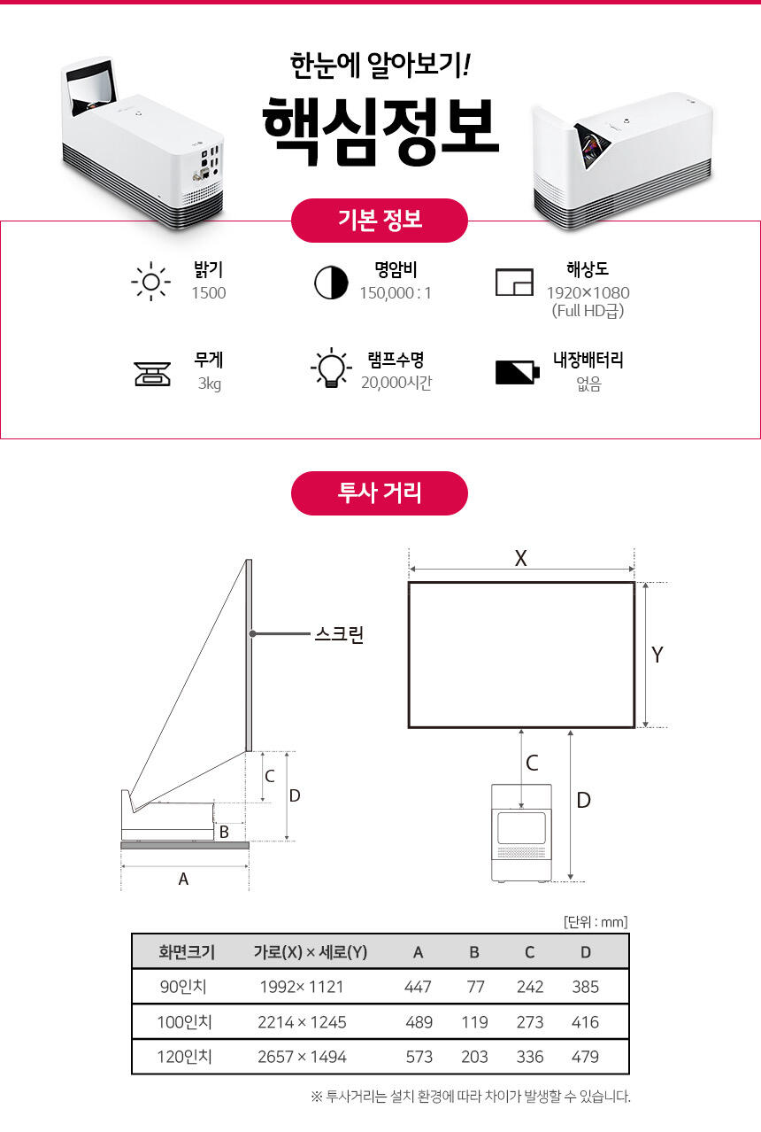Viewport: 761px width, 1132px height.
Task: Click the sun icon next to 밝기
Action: [151, 282]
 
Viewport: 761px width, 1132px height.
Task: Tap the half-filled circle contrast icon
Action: [331, 283]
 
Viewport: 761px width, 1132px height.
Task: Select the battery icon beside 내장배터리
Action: [518, 372]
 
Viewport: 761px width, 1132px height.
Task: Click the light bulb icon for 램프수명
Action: [331, 368]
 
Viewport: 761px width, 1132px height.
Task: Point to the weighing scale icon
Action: [152, 374]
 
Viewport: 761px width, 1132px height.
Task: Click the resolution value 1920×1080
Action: [588, 292]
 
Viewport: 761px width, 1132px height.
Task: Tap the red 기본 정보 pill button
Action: [380, 221]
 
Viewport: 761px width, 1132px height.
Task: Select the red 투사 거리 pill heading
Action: [380, 493]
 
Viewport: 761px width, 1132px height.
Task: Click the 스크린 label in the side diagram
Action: [339, 633]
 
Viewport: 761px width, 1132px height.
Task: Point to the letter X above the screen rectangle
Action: [520, 558]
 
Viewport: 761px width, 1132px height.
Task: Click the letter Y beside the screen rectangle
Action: [657, 655]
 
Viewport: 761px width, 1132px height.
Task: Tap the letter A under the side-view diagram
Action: [183, 880]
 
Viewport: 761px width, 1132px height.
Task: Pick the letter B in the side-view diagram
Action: [224, 832]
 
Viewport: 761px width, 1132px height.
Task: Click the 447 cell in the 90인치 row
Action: [418, 987]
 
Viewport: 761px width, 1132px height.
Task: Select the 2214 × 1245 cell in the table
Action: [302, 1022]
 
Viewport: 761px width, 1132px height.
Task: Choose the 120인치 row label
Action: [184, 1057]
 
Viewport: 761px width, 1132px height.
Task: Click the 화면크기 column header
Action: [187, 952]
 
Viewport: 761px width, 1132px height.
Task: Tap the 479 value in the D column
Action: [585, 1057]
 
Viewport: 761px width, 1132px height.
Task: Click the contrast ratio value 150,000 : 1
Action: [396, 293]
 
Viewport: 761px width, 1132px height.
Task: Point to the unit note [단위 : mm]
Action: [596, 922]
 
